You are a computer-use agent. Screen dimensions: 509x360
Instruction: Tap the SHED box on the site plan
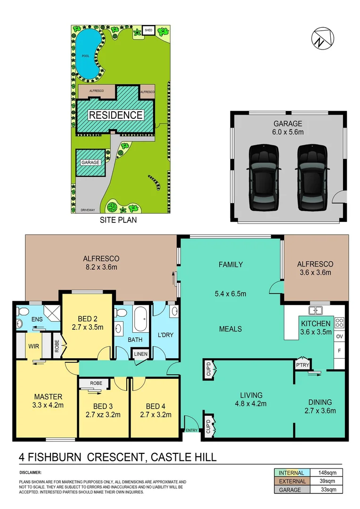tap(148, 31)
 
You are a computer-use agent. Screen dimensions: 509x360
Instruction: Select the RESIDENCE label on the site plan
tap(116, 115)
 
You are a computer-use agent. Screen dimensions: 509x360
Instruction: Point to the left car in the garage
tap(264, 177)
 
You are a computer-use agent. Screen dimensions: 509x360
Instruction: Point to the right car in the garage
tap(312, 177)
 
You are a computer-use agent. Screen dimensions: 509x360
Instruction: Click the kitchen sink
tap(315, 310)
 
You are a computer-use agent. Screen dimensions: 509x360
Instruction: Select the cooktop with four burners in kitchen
tap(339, 323)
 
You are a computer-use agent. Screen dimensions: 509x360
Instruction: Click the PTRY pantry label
tap(301, 365)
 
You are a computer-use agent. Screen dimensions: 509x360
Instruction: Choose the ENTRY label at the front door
tap(192, 430)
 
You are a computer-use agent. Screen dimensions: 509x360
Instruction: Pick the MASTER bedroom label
tap(48, 396)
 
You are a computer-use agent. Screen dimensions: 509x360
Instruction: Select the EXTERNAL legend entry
tap(292, 481)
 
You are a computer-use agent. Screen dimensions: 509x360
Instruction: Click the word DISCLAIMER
tap(31, 472)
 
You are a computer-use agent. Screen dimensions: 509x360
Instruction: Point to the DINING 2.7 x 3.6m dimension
tap(320, 410)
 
